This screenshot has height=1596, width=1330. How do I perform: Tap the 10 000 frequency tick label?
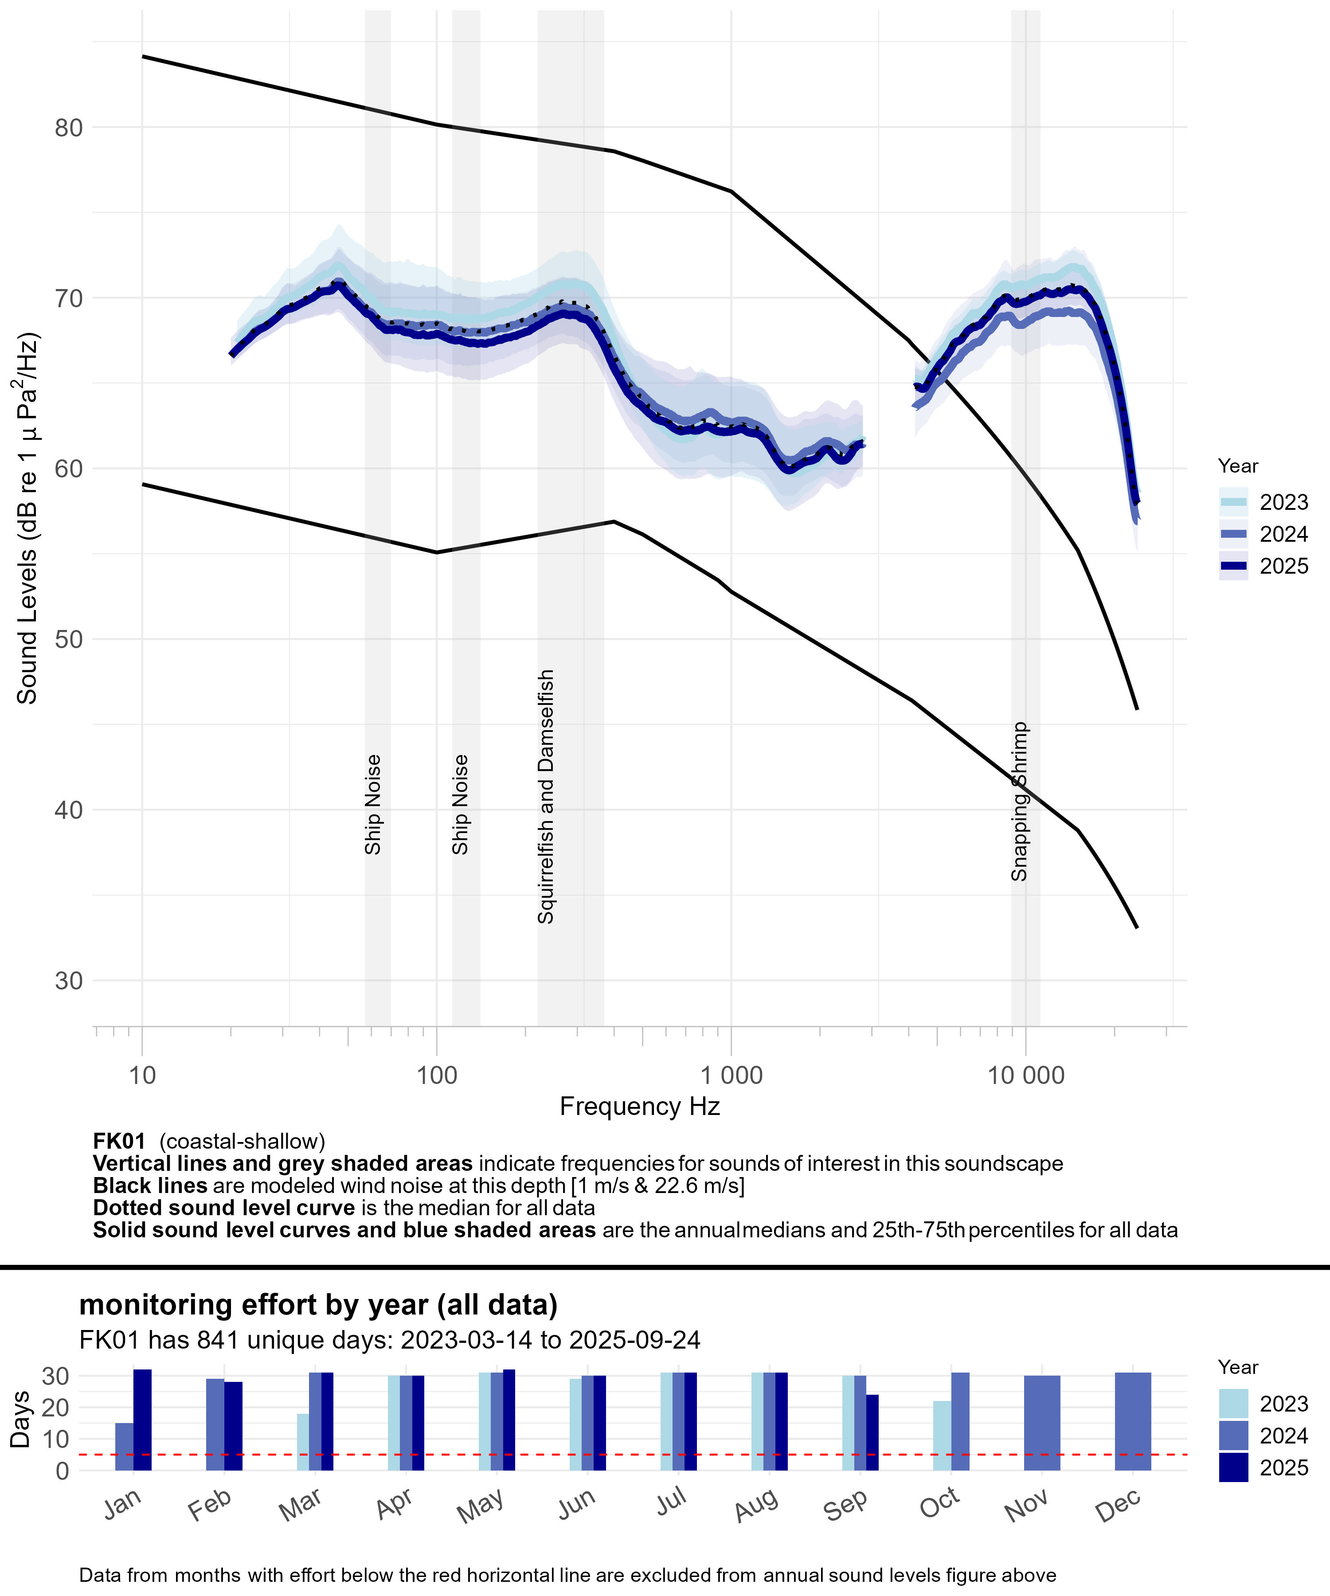[1025, 1076]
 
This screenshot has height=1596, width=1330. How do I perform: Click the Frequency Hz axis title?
[639, 1107]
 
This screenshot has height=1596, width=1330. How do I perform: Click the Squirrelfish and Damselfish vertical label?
[546, 797]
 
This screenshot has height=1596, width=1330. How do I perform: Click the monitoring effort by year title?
[318, 1305]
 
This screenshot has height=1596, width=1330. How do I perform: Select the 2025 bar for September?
[872, 1432]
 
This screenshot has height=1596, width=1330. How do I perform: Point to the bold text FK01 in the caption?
[118, 1142]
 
